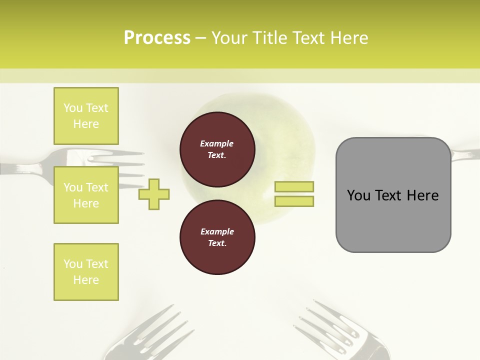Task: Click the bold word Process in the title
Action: click(x=157, y=38)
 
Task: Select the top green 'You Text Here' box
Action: click(x=86, y=116)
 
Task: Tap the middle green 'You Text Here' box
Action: click(x=86, y=195)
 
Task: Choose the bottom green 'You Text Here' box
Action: click(x=86, y=272)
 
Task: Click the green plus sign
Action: click(x=154, y=194)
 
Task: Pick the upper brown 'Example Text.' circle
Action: click(x=217, y=149)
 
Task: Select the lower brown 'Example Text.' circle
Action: click(x=217, y=237)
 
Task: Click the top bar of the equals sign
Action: click(x=294, y=186)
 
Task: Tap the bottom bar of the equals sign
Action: click(x=294, y=201)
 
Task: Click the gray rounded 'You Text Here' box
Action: click(x=393, y=195)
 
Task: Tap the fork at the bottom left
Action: click(x=150, y=335)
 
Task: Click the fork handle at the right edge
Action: click(x=465, y=153)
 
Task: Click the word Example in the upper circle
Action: click(x=217, y=143)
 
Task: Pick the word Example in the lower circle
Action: click(x=217, y=231)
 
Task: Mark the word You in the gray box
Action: click(x=358, y=195)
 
